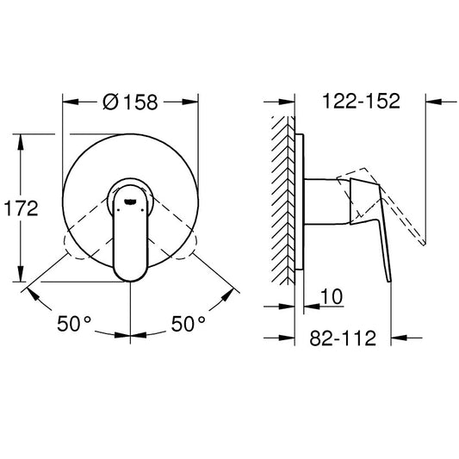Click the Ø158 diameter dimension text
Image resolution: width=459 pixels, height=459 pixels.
130,102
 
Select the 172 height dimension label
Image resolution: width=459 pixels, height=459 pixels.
21,208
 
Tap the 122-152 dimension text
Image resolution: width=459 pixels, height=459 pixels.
361,101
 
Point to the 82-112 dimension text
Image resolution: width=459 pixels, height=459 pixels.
343,338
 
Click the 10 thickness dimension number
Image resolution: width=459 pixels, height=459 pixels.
332,297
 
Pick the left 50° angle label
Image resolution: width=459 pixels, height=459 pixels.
74,324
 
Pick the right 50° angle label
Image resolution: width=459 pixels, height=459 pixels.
188,324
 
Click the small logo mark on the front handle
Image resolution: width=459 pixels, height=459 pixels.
130,201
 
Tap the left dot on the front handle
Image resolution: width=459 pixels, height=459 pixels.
118,210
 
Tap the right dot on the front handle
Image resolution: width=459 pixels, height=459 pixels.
142,210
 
